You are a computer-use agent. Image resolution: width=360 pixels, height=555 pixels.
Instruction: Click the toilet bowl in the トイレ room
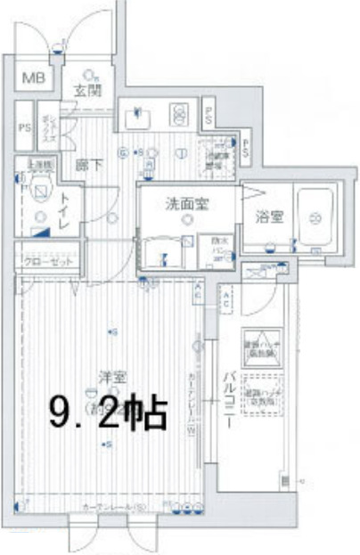tap(40, 190)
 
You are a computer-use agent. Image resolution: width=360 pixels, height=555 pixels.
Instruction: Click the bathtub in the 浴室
tap(314, 216)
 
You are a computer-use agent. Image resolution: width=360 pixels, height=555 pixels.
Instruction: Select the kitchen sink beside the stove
tap(138, 116)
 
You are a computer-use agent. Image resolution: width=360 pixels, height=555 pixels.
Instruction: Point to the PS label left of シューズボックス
tap(24, 127)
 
